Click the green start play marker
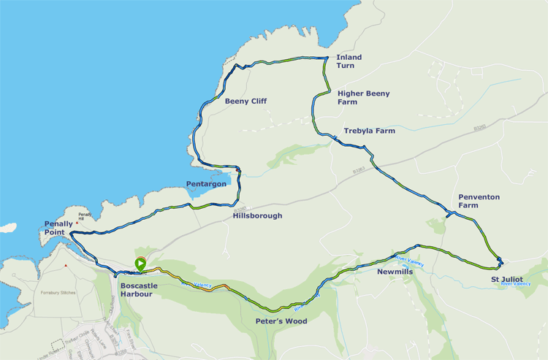[140, 264]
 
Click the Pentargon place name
[206, 184]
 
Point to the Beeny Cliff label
[246, 101]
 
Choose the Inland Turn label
[349, 61]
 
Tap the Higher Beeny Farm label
[363, 98]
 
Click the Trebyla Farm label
[369, 131]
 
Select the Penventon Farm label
[479, 201]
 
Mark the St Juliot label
[506, 278]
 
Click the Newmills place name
[395, 271]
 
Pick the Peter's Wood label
[281, 321]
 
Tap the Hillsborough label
[257, 215]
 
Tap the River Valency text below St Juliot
[516, 283]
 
